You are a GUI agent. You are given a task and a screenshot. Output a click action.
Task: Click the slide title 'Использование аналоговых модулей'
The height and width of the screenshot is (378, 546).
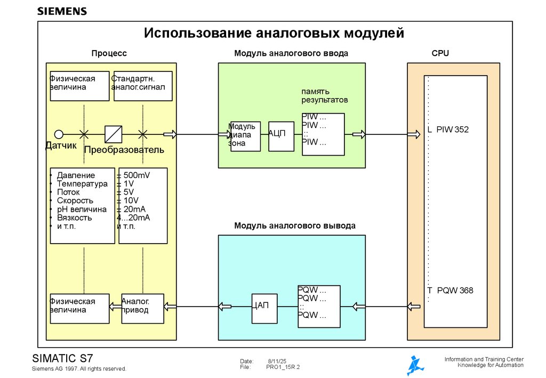point(274,34)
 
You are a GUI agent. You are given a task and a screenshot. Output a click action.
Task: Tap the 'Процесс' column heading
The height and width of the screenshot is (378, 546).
point(109,53)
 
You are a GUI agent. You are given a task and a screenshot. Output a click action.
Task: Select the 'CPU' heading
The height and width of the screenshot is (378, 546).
point(440,53)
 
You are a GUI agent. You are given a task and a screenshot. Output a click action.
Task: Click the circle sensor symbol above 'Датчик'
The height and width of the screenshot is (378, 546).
point(59,134)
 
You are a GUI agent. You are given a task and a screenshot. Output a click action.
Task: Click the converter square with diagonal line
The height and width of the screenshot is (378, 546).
point(114,134)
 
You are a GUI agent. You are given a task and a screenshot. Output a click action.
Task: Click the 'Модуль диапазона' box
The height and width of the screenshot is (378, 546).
point(245,136)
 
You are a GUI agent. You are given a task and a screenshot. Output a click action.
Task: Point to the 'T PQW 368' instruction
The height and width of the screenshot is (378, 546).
point(450,291)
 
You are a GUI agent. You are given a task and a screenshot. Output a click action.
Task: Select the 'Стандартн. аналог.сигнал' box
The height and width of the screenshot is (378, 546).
point(142,86)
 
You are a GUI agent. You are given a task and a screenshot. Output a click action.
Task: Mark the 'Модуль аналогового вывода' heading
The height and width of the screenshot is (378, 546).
point(294,226)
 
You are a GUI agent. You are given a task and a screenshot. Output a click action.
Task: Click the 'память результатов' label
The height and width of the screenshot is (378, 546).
point(324,95)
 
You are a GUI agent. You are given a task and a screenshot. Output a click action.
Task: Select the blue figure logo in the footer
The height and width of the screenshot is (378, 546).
point(415,365)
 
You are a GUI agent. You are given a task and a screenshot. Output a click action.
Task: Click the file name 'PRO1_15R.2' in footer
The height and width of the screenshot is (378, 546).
point(283,367)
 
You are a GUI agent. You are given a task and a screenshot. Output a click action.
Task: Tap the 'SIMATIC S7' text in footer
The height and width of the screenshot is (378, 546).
point(63,358)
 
